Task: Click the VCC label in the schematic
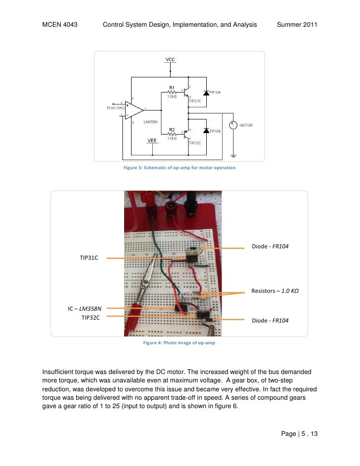click(170, 60)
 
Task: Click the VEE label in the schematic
click(152, 140)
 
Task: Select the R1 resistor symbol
click(172, 92)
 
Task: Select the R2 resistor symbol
click(172, 133)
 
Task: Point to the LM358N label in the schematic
click(151, 122)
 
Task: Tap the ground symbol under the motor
click(233, 156)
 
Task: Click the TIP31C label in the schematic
click(195, 100)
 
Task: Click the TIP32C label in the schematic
click(195, 141)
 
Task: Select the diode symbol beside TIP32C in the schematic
click(205, 131)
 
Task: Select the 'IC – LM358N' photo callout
click(85, 309)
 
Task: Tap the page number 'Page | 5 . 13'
click(299, 434)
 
